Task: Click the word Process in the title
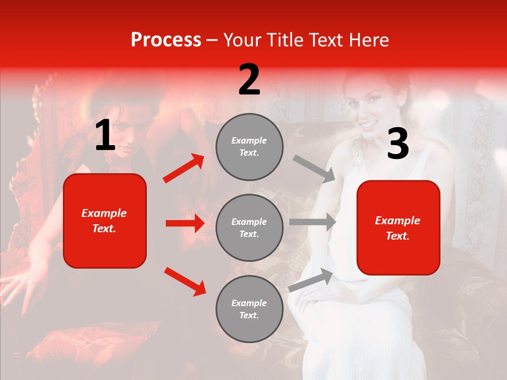[166, 40]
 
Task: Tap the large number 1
[105, 136]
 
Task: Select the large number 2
[249, 80]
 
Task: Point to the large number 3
[398, 144]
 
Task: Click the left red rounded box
[105, 221]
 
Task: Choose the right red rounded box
[398, 228]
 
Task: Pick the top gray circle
[249, 147]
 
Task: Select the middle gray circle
[249, 227]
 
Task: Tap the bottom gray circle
[249, 309]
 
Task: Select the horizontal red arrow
[185, 223]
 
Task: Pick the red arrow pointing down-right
[185, 281]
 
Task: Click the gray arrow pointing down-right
[314, 169]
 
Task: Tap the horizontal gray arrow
[313, 222]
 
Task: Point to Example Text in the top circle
[249, 147]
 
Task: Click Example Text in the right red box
[398, 228]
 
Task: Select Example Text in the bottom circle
[249, 309]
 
